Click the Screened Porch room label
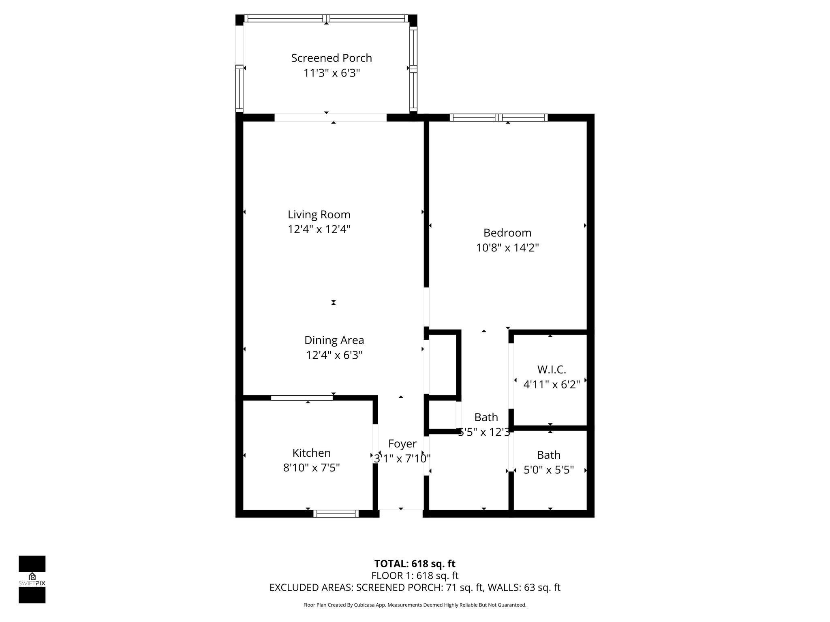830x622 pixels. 332,58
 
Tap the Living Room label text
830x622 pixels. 319,214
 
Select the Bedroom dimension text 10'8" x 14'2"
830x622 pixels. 507,247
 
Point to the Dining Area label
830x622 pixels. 334,340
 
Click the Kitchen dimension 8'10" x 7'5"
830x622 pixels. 311,468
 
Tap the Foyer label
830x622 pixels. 402,444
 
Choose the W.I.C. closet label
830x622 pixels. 552,369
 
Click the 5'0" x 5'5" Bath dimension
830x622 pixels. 549,470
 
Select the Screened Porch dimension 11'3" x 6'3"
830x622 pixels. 332,73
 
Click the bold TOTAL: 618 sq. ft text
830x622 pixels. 415,564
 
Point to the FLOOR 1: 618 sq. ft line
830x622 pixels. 415,575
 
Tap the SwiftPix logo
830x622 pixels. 32,579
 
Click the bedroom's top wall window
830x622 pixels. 498,118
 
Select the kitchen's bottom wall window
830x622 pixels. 336,514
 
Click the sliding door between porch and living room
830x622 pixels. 330,118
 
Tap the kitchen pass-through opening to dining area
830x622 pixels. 302,398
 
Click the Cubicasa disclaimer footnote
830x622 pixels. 415,605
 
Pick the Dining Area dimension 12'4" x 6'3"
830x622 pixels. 334,355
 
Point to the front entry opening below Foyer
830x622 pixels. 401,513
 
